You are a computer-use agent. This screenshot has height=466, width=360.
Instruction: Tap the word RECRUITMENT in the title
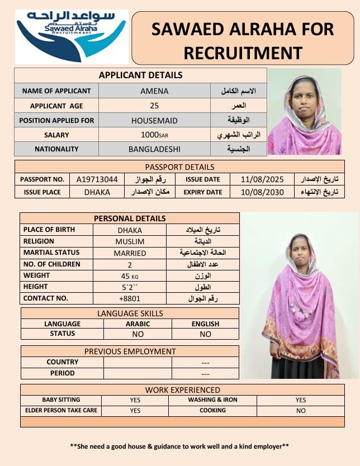243,53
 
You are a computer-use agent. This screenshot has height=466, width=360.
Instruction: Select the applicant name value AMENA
155,91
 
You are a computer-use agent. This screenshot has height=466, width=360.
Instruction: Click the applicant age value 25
155,106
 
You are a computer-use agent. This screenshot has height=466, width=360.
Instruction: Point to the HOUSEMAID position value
155,120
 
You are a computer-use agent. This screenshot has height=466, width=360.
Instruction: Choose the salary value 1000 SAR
155,135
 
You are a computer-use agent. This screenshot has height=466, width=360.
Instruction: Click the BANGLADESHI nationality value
155,149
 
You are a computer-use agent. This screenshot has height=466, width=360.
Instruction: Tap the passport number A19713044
97,179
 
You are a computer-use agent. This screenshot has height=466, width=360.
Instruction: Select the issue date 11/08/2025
258,179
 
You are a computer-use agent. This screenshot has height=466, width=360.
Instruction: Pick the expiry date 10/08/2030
258,192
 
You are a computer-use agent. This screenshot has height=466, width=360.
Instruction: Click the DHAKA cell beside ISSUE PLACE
97,192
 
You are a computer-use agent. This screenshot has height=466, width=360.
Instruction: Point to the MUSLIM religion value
130,241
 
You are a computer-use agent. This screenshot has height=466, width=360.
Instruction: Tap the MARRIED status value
130,253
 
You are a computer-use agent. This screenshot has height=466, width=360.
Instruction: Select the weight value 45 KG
130,276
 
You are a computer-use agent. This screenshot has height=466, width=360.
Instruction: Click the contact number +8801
130,298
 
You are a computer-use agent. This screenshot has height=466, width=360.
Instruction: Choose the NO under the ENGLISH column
206,334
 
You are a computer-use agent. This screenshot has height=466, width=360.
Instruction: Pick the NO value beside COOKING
301,411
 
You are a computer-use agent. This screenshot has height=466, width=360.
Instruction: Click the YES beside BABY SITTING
135,400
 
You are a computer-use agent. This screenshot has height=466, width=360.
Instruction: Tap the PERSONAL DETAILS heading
130,218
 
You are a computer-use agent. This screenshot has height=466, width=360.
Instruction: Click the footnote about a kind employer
179,446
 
